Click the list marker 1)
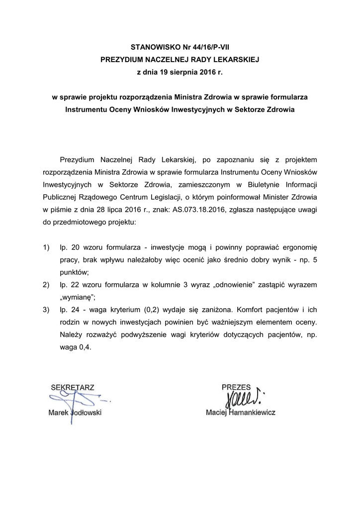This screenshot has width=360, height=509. [x=47, y=248]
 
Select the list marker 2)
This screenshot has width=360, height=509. [x=47, y=285]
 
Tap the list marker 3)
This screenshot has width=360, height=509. [x=47, y=310]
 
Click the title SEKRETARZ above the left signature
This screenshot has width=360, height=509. [x=72, y=387]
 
